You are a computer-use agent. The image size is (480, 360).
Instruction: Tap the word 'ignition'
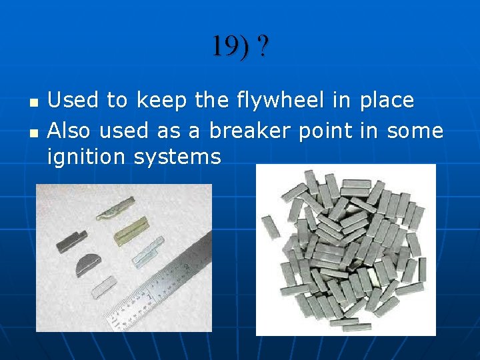87,157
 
